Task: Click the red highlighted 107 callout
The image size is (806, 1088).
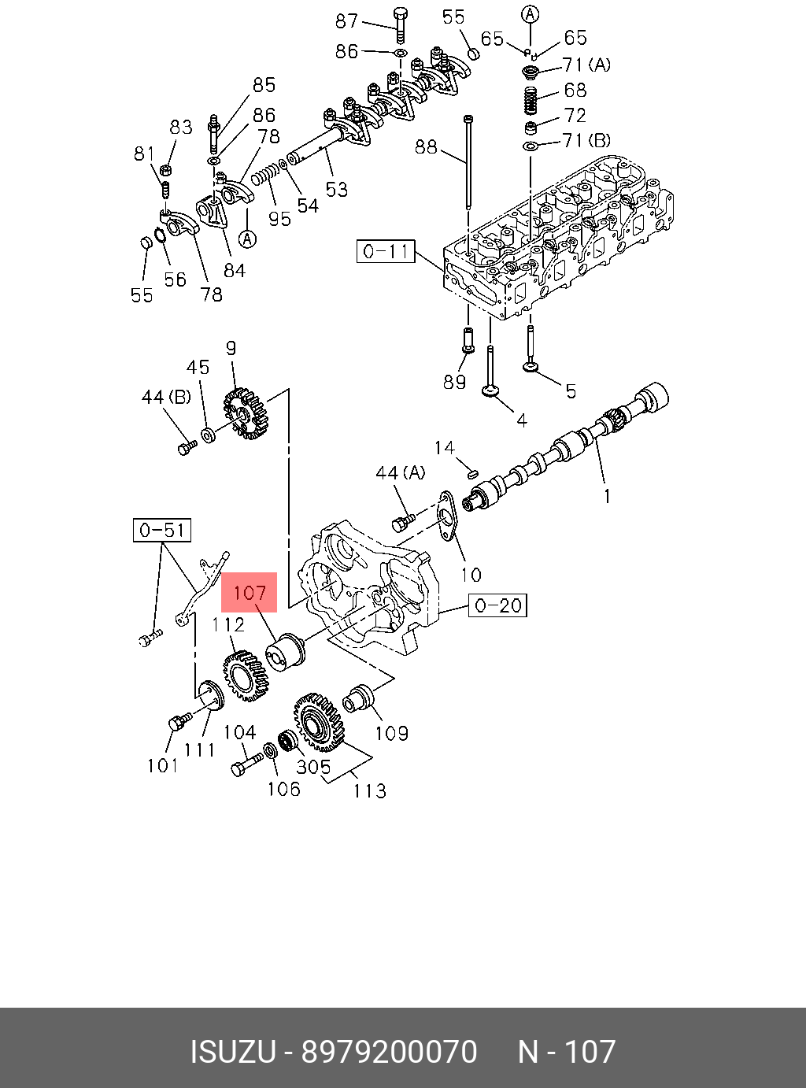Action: [250, 593]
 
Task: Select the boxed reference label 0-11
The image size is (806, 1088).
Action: [385, 251]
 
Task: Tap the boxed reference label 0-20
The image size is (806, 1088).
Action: [498, 605]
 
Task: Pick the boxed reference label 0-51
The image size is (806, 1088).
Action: [161, 530]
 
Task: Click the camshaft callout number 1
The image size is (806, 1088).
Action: [607, 496]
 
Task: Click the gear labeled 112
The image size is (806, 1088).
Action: [244, 675]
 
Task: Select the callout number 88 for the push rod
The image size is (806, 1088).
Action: [425, 146]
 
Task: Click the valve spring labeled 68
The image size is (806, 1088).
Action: [531, 98]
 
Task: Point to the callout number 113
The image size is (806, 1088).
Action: [369, 790]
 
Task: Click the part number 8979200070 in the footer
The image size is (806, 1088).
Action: [390, 1052]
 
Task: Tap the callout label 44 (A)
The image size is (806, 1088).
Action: [400, 472]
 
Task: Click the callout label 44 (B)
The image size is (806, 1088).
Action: [166, 398]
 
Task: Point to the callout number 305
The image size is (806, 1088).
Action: [313, 765]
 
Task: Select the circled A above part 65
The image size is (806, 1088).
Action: [531, 13]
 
